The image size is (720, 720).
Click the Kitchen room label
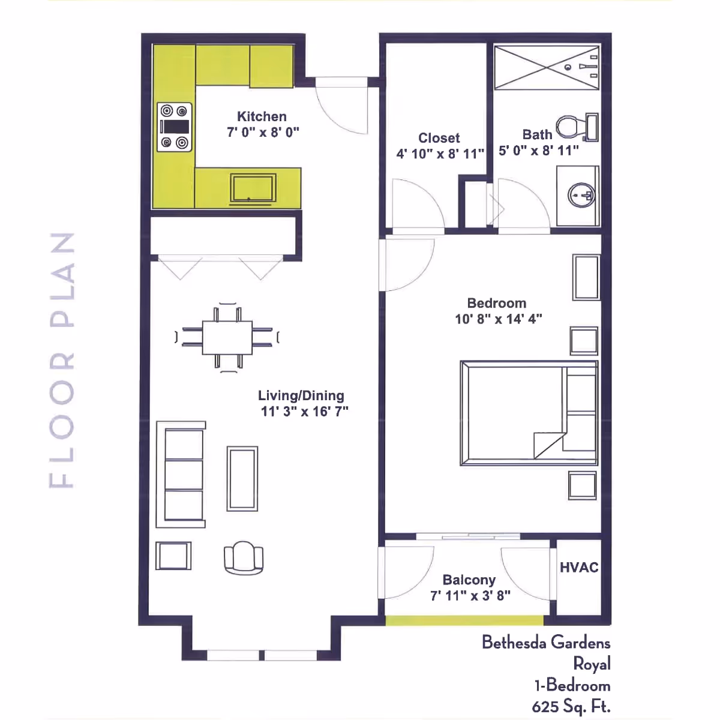262,116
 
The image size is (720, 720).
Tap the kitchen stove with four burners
175,127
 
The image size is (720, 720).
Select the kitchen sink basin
253,188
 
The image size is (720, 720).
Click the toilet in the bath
577,127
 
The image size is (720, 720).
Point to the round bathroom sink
581,195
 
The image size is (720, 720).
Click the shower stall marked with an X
547,68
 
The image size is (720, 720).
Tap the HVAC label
579,568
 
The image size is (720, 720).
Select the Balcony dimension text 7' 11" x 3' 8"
470,596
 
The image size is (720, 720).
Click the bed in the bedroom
529,413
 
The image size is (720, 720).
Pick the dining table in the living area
227,337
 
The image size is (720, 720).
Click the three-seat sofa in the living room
181,474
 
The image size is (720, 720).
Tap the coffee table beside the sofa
242,479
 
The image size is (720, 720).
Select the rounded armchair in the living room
244,558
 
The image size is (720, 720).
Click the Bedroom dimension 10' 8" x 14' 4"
499,319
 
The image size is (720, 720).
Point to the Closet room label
439,138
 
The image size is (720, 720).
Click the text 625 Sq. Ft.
571,706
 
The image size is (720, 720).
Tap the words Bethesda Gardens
546,643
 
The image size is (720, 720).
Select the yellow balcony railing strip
464,620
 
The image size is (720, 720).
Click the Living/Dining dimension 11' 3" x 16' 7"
305,412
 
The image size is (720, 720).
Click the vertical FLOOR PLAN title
62,360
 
